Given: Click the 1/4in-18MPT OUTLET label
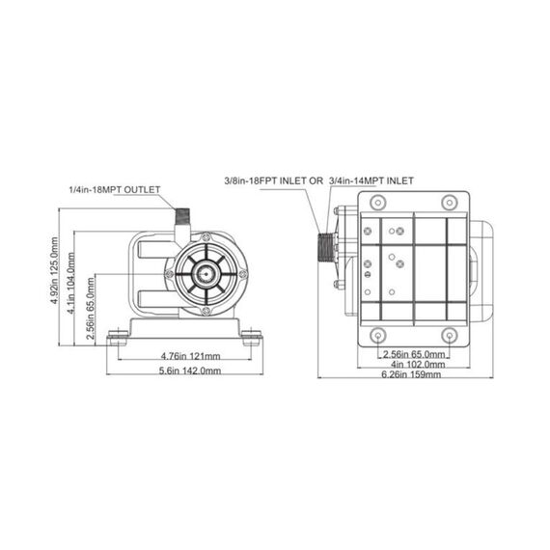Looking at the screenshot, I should [x=114, y=190].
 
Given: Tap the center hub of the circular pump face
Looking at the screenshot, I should [x=204, y=275].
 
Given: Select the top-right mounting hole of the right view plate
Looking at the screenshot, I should [x=449, y=202].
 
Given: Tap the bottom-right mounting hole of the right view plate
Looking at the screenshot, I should [x=449, y=335].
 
